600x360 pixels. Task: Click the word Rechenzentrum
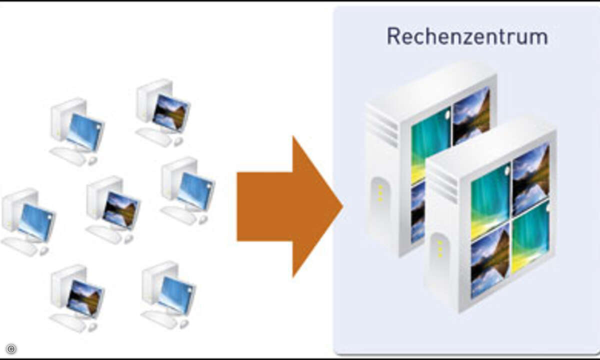tap(467, 36)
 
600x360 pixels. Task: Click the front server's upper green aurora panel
tap(489, 197)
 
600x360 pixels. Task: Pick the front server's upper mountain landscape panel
tap(530, 177)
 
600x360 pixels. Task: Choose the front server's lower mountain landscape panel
tap(489, 259)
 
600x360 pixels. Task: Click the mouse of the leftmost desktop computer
tap(44, 249)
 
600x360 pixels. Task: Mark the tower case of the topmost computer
tap(147, 100)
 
